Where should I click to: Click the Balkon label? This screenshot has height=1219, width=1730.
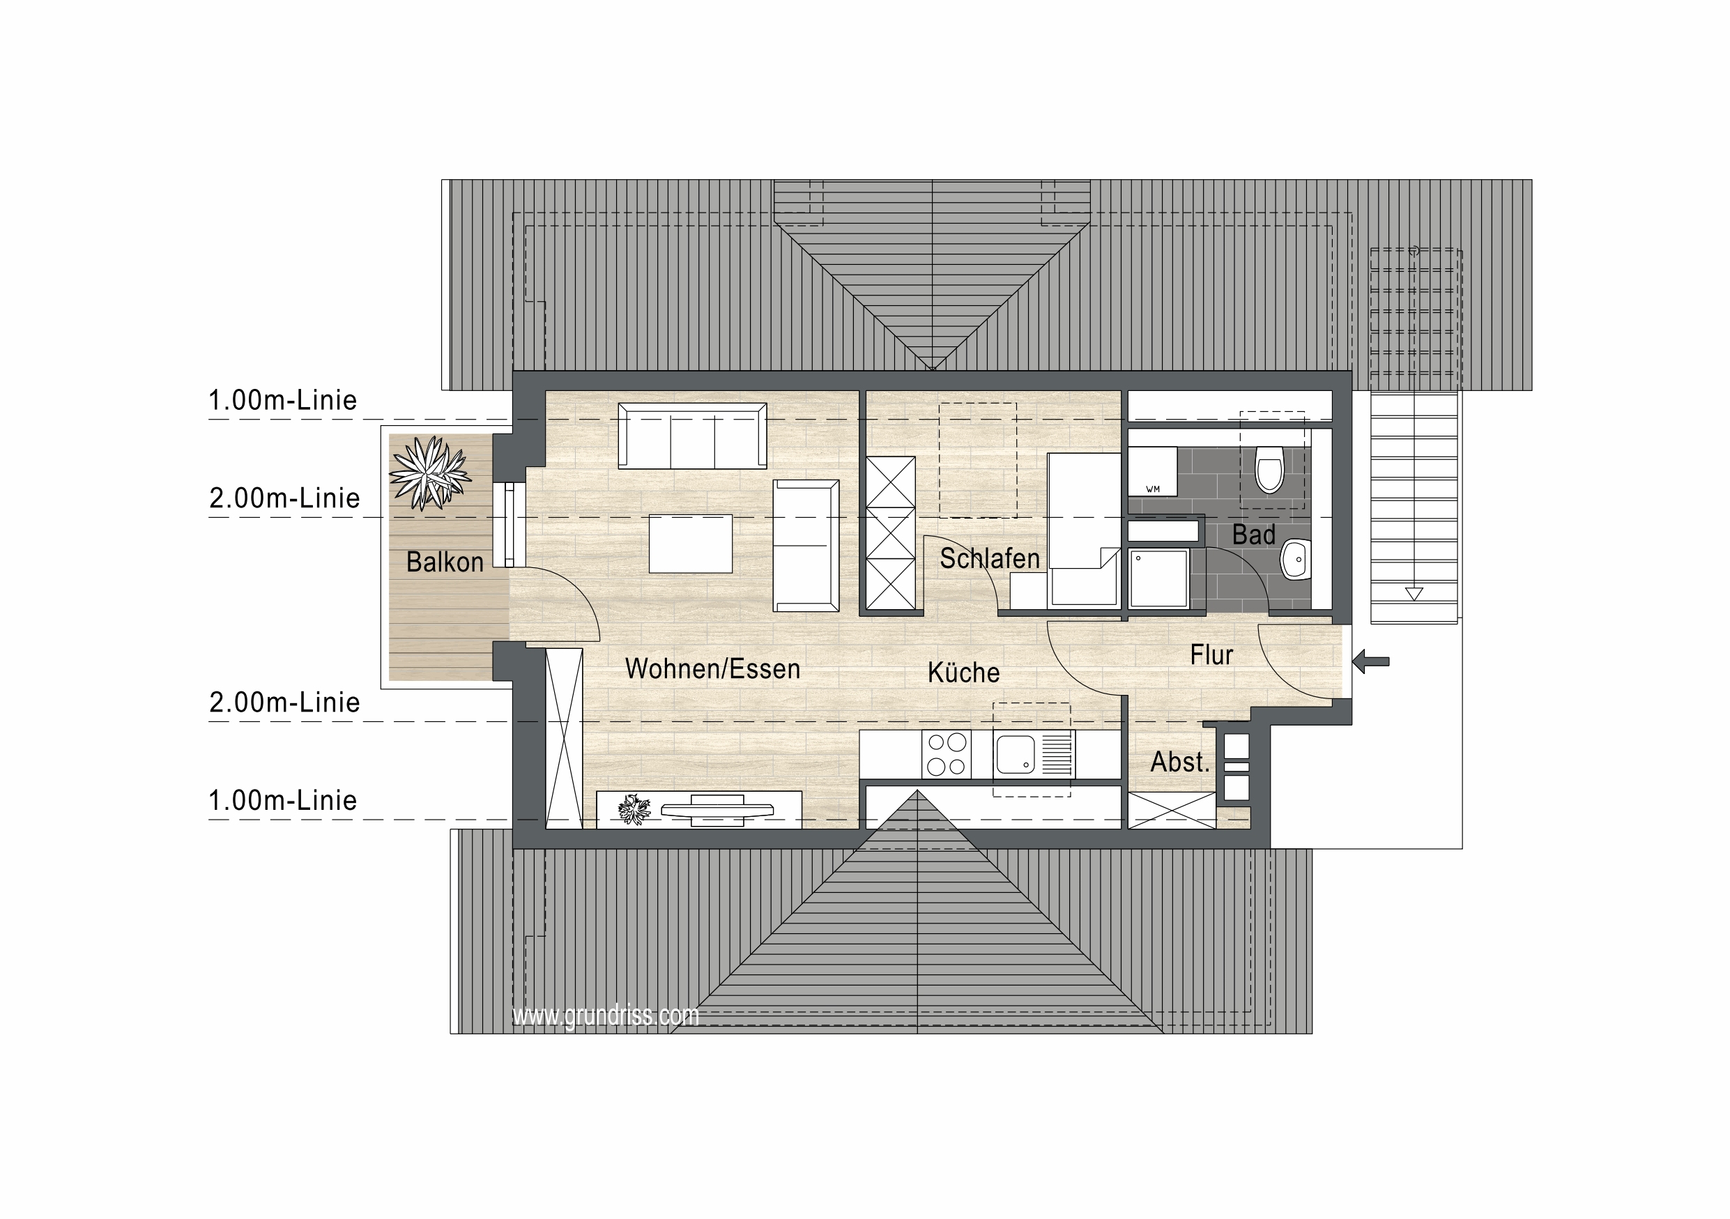445,562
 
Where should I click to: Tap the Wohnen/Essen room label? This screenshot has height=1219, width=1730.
712,668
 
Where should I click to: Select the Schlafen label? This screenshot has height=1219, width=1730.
989,558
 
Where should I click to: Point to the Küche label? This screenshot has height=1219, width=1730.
964,672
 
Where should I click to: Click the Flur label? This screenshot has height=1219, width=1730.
1211,654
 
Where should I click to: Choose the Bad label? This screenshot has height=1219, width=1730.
1254,535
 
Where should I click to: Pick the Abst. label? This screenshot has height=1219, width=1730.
1180,762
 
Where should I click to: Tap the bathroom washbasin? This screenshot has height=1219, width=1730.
1295,559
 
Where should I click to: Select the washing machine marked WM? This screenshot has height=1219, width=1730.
1152,471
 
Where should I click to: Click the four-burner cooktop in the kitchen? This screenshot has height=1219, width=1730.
947,754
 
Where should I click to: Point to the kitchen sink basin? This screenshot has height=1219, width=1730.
1015,755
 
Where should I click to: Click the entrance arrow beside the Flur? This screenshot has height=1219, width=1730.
1370,662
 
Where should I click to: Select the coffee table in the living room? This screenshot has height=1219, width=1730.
690,544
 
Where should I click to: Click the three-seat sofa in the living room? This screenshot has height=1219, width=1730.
692,436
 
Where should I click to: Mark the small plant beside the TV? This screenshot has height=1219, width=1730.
634,810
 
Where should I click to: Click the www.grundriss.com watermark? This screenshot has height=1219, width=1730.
606,1015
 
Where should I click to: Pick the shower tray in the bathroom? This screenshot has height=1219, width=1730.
1159,578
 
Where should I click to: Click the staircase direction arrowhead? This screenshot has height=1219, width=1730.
1414,594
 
